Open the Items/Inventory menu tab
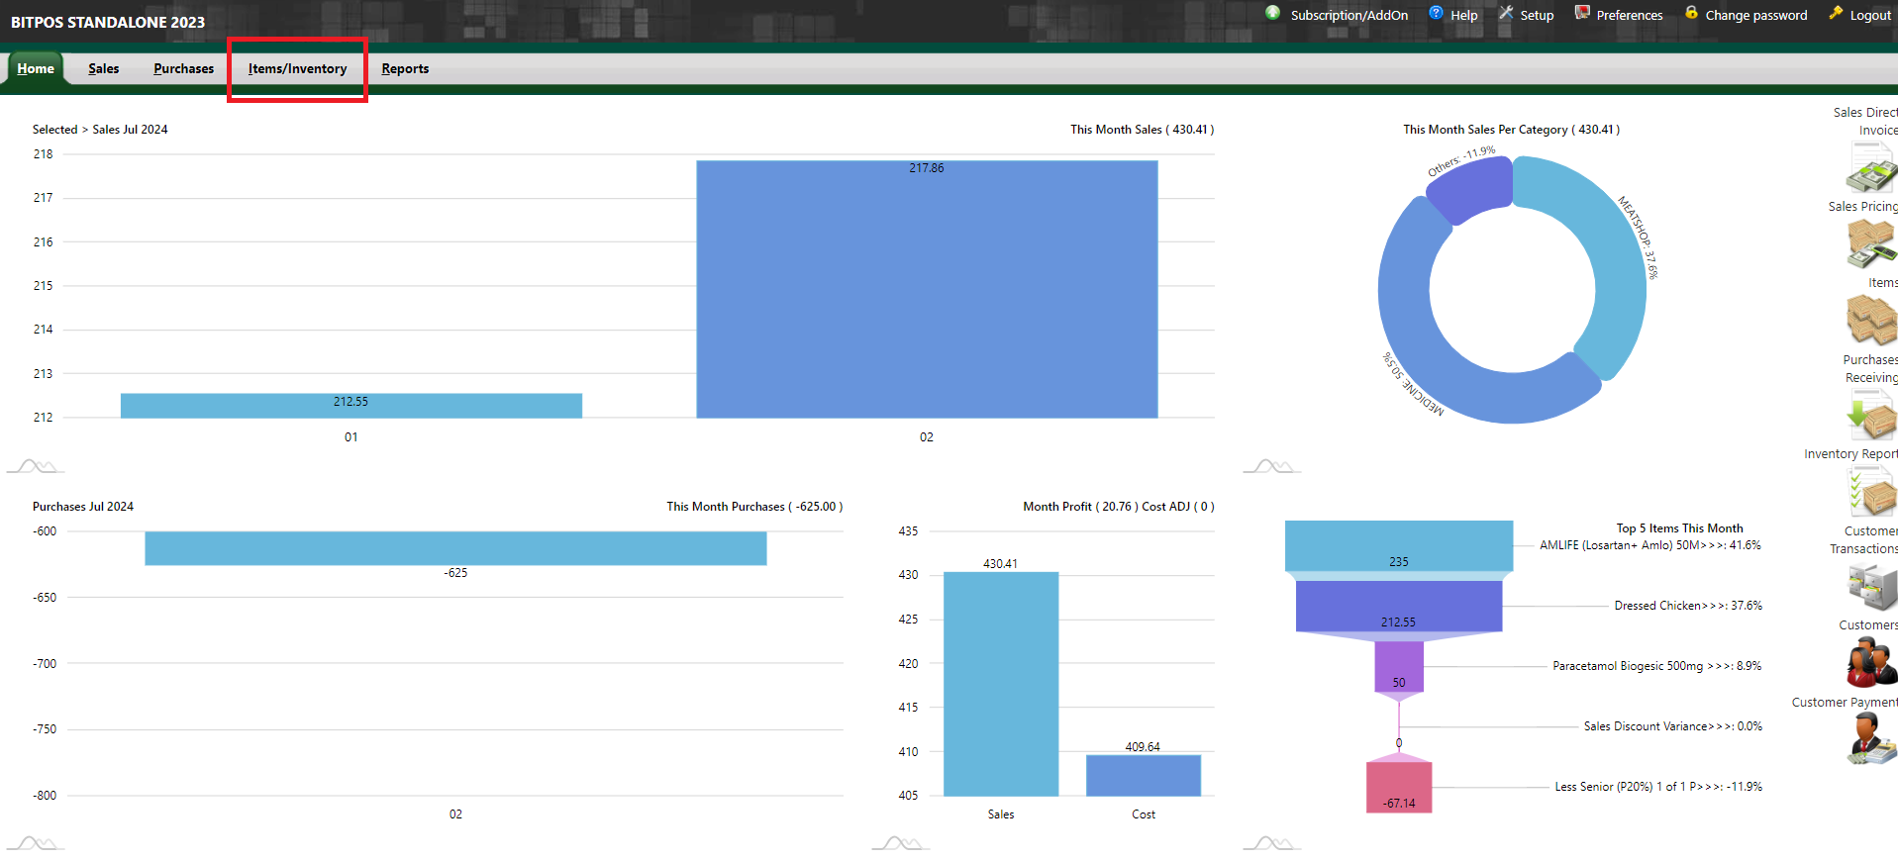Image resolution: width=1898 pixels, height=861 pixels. coord(297,69)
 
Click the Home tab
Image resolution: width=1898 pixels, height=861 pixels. coord(36,69)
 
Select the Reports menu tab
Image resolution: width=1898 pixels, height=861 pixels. coord(405,69)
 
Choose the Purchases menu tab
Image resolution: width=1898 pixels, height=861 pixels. coord(183,69)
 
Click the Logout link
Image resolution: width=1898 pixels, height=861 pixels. coord(1870,15)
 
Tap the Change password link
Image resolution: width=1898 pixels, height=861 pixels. coord(1755,15)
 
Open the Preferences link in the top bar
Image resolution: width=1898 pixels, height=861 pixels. coord(1629,15)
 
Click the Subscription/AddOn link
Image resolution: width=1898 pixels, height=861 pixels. coord(1349,15)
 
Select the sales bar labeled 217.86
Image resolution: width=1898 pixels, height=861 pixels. coord(927,289)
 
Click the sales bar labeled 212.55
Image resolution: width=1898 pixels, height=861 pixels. coord(351,406)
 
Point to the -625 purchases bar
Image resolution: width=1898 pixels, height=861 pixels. coord(455,548)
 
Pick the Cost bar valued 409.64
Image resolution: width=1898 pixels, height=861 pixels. coord(1144,775)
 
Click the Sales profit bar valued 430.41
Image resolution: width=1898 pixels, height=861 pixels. coord(1001,684)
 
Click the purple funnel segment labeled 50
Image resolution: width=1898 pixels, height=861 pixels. coord(1399,667)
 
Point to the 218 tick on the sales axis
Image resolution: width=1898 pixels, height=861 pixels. coord(44,154)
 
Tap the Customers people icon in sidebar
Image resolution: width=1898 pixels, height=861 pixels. coord(1870,662)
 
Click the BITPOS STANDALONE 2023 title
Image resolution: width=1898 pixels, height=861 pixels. coord(108,22)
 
